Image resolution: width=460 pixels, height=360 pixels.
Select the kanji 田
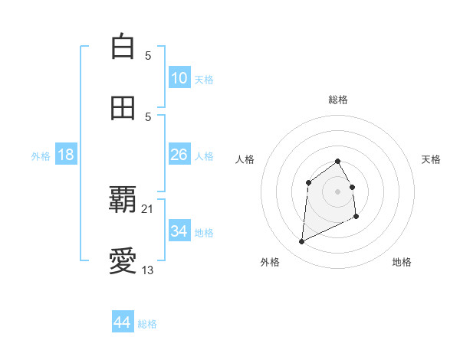tap(123, 108)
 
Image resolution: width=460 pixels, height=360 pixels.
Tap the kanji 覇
tap(123, 201)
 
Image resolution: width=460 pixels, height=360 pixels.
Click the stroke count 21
tap(148, 208)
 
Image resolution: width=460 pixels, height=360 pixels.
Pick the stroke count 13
tap(148, 270)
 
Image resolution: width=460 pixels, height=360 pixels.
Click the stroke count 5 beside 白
tap(148, 55)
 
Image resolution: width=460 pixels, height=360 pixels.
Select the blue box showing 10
tap(179, 77)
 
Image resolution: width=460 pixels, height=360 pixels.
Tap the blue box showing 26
tap(179, 155)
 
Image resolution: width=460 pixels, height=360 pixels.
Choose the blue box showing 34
tap(179, 231)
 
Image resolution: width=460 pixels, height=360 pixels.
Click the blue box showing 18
tap(66, 155)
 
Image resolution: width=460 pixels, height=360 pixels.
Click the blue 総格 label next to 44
tap(147, 324)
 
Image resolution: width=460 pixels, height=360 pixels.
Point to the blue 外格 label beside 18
tap(41, 156)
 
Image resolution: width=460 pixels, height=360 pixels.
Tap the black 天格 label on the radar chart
tap(431, 159)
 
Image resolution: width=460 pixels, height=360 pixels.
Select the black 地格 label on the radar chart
tap(402, 262)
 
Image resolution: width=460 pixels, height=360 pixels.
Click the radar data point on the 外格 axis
tap(301, 242)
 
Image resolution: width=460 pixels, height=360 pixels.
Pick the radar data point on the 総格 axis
tap(337, 161)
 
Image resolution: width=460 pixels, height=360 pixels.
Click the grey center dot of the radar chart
tap(337, 191)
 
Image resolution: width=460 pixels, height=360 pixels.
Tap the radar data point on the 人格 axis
tap(308, 182)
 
